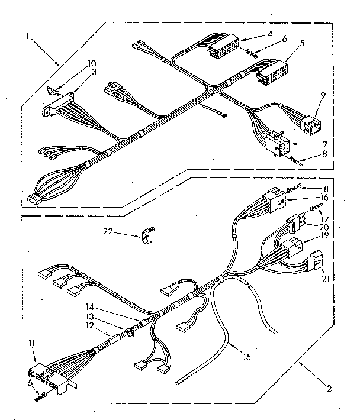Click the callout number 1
tap(27, 35)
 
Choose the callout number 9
tap(323, 95)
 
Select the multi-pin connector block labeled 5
tap(270, 72)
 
